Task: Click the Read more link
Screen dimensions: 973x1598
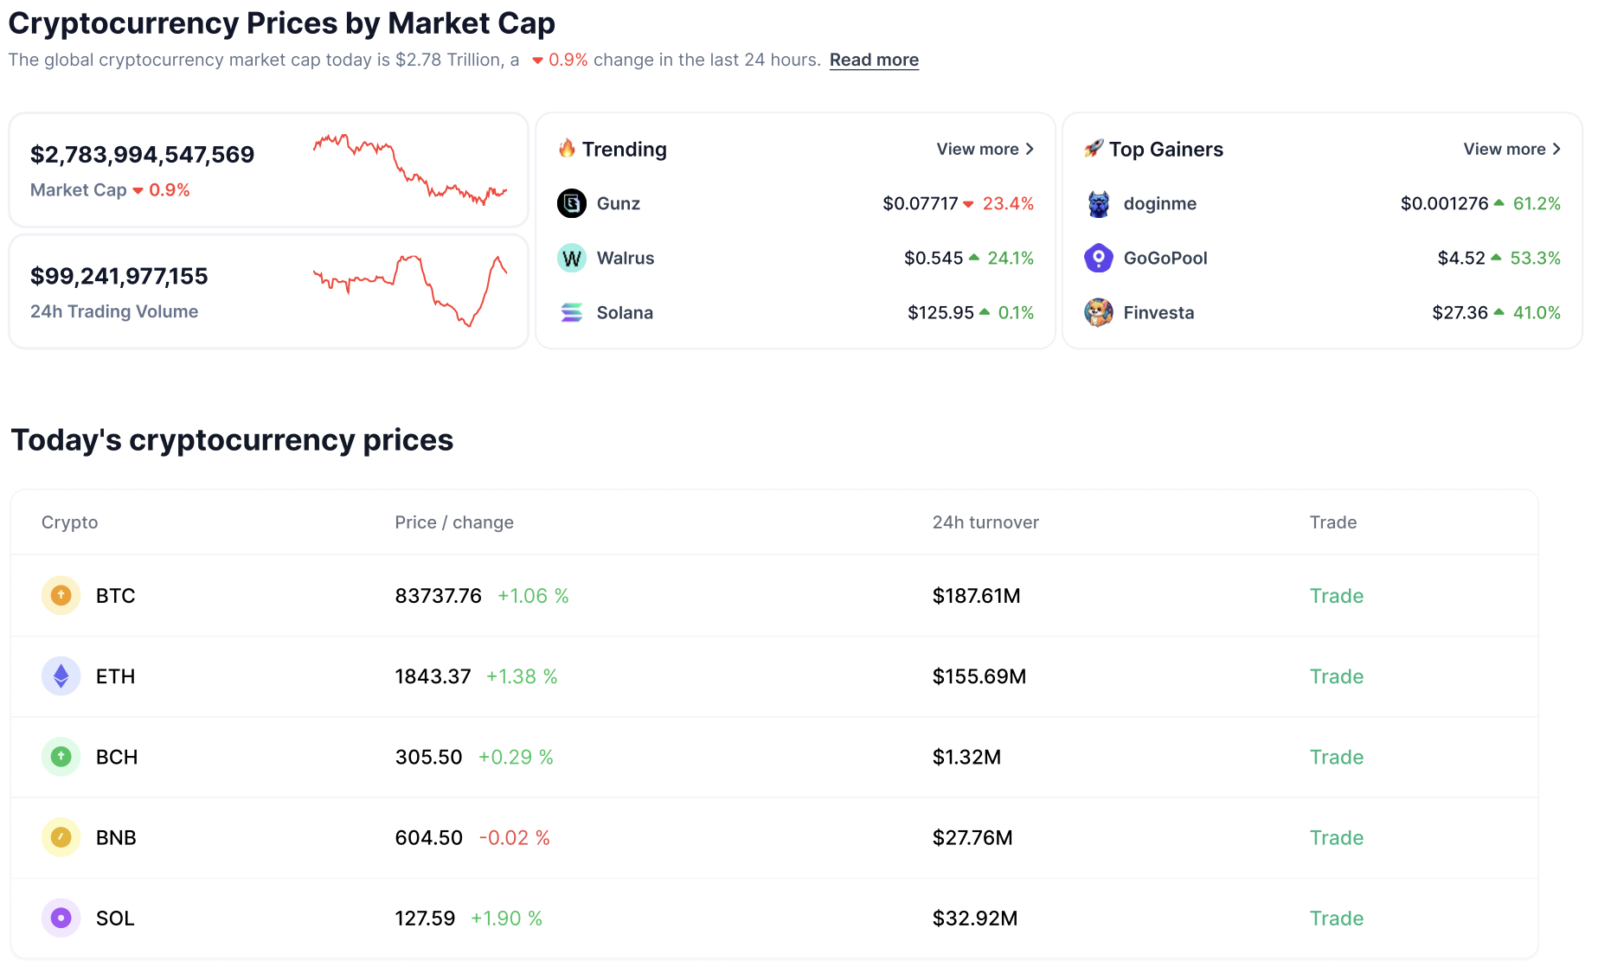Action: pyautogui.click(x=874, y=60)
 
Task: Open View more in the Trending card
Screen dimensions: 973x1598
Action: pyautogui.click(x=985, y=149)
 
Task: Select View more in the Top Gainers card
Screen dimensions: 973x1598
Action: pyautogui.click(x=1511, y=149)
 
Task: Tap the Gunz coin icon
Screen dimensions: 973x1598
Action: pyautogui.click(x=571, y=203)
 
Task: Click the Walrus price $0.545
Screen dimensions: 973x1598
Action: pyautogui.click(x=933, y=258)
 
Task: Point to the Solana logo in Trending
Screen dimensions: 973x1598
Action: pyautogui.click(x=571, y=312)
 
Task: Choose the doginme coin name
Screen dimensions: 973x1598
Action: pyautogui.click(x=1159, y=203)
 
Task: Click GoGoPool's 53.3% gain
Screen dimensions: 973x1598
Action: pyautogui.click(x=1535, y=258)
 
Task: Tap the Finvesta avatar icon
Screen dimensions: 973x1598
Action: pyautogui.click(x=1098, y=312)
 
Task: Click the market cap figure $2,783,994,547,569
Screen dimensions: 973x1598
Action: pyautogui.click(x=142, y=154)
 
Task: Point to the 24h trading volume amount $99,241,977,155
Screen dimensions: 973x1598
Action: pyautogui.click(x=119, y=276)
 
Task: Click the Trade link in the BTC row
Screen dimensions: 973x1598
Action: pyautogui.click(x=1336, y=596)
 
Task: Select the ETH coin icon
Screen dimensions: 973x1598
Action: pyautogui.click(x=61, y=676)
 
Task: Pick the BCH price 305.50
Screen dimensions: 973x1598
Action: pyautogui.click(x=428, y=757)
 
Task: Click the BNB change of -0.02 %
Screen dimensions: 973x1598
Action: pyautogui.click(x=515, y=837)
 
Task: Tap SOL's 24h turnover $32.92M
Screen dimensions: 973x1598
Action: pyautogui.click(x=974, y=918)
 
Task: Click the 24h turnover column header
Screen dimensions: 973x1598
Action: pyautogui.click(x=985, y=522)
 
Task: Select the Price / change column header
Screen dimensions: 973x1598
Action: pyautogui.click(x=453, y=522)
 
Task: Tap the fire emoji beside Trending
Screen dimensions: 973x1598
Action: pyautogui.click(x=567, y=149)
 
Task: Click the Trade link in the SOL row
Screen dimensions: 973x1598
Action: pyautogui.click(x=1336, y=918)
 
